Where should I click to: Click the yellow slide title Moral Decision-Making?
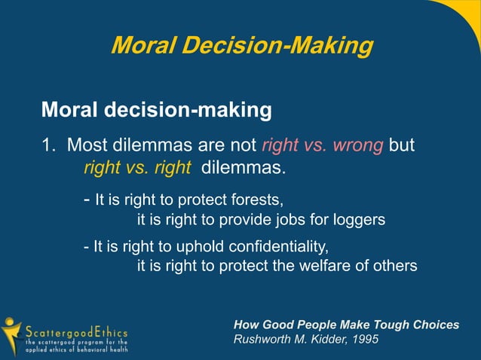point(241,46)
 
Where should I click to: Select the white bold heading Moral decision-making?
point(156,111)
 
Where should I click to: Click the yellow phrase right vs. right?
point(136,166)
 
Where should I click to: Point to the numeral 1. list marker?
point(47,145)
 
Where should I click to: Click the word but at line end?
point(401,145)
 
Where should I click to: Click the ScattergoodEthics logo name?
point(77,331)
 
